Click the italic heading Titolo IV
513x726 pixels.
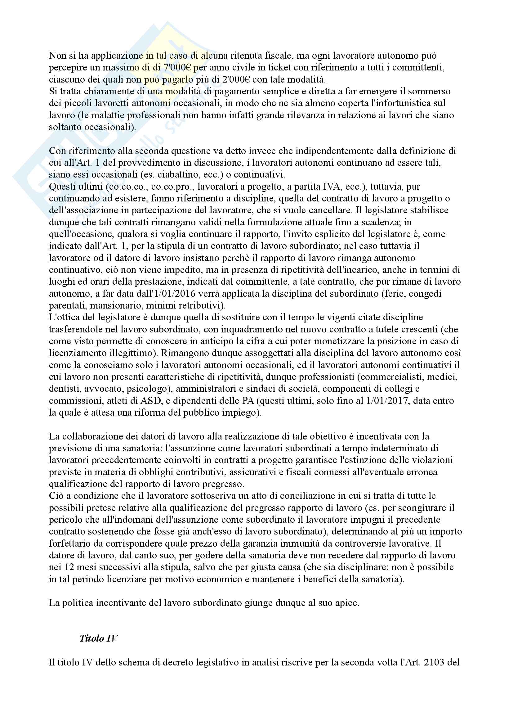tap(99, 638)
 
